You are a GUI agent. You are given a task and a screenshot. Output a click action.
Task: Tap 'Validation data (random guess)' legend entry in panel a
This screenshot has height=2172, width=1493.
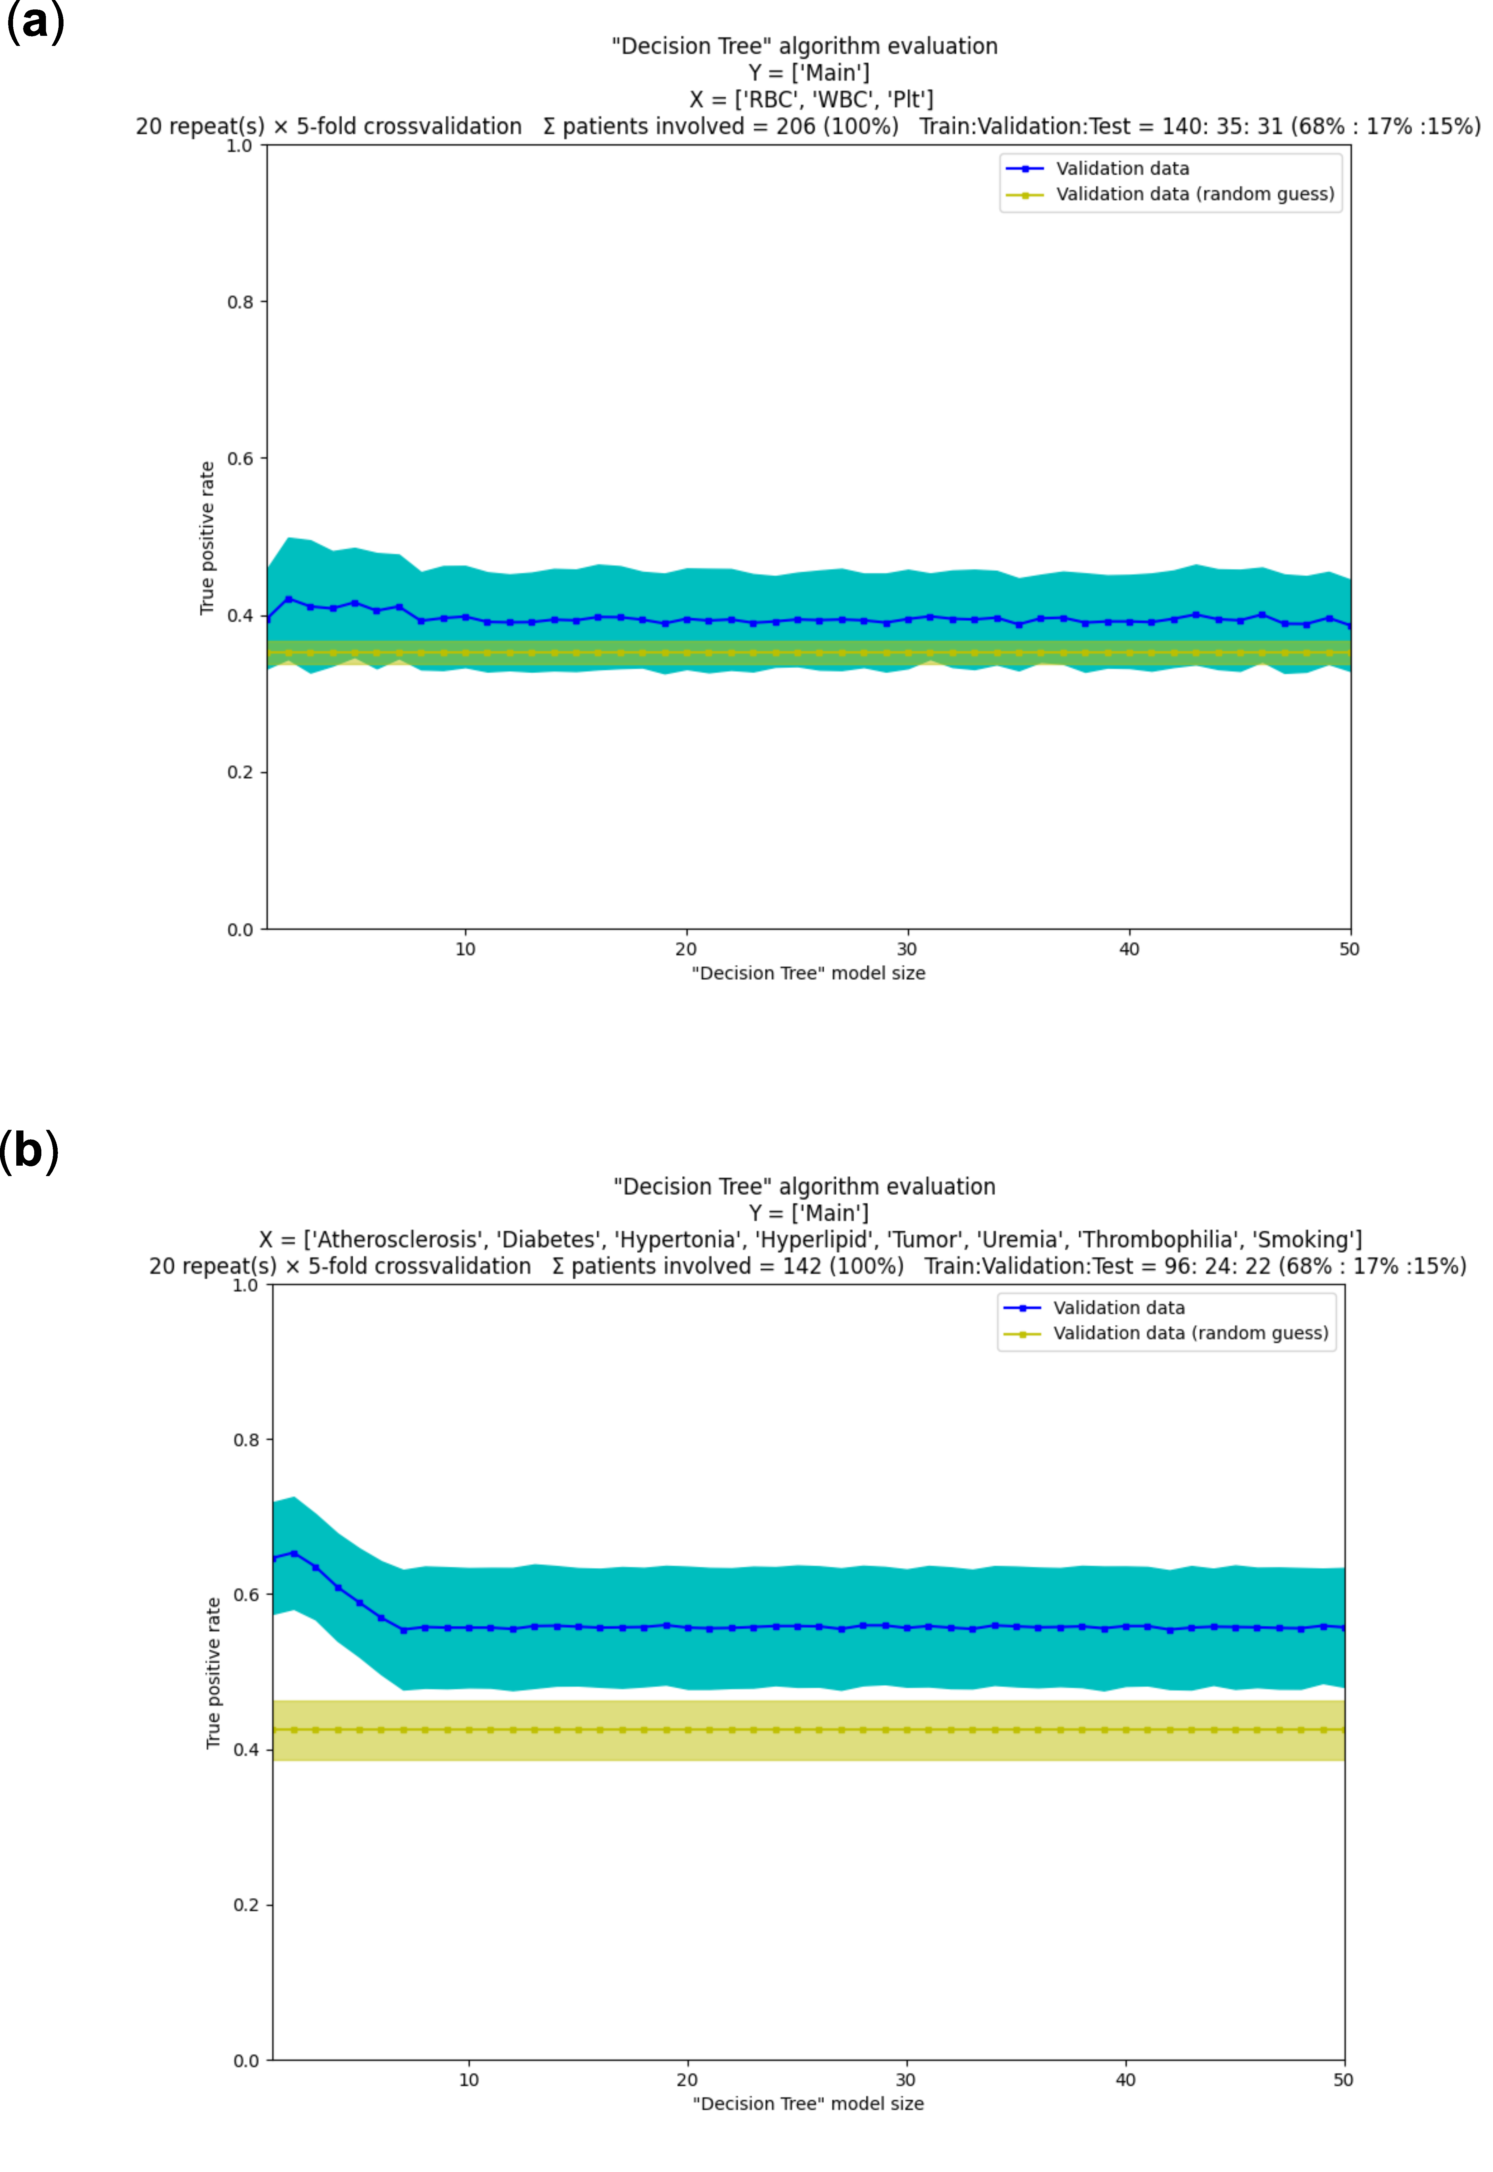(1195, 194)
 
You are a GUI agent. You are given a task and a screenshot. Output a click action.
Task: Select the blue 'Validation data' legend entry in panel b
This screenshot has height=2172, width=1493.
(1118, 1308)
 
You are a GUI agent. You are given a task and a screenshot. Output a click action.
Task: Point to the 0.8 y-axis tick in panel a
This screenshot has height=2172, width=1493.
(240, 302)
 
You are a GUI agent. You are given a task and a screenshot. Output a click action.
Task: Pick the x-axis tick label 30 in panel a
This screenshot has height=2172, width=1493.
(906, 949)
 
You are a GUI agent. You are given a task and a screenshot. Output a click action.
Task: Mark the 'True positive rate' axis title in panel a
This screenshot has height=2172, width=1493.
(207, 538)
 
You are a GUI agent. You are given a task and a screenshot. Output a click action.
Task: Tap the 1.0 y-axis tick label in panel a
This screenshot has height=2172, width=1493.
(239, 146)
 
